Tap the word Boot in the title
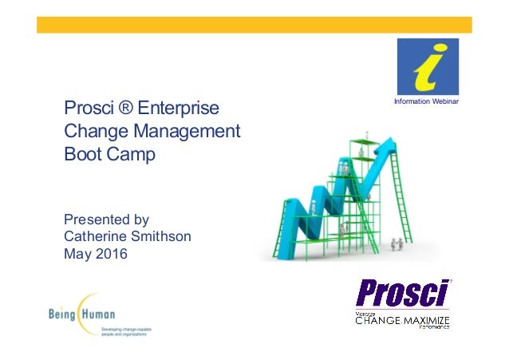tap(83, 152)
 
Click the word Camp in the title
tap(131, 152)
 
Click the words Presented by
tap(106, 219)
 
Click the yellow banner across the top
tap(254, 25)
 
